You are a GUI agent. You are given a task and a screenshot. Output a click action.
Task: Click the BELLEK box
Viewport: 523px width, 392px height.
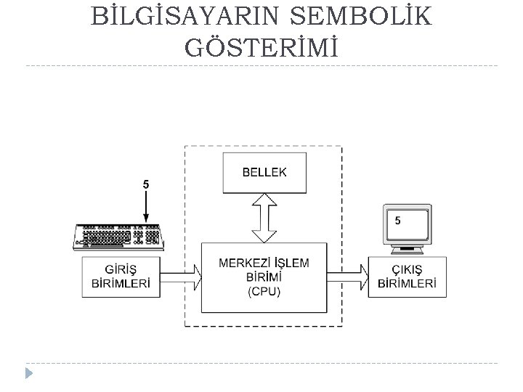pyautogui.click(x=264, y=173)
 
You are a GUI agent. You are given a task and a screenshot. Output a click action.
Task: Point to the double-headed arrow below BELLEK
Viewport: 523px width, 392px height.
pyautogui.click(x=264, y=217)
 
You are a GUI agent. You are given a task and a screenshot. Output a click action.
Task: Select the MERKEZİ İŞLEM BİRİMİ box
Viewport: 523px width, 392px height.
pyautogui.click(x=264, y=277)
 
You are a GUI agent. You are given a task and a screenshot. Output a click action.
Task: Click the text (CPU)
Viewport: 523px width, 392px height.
pyautogui.click(x=264, y=293)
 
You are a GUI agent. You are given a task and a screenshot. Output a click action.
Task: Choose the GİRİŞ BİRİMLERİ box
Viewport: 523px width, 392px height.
pyautogui.click(x=121, y=277)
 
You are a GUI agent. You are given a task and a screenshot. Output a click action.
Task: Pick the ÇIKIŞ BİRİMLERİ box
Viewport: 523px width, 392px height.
pyautogui.click(x=407, y=277)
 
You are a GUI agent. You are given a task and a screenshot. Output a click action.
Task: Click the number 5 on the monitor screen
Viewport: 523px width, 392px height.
pyautogui.click(x=397, y=221)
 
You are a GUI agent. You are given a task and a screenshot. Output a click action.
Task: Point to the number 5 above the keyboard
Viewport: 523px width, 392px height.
pyautogui.click(x=146, y=185)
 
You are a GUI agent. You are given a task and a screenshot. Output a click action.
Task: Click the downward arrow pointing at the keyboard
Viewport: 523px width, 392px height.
pyautogui.click(x=146, y=207)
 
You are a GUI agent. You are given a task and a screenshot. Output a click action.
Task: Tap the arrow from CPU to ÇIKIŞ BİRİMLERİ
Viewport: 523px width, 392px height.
pyautogui.click(x=349, y=277)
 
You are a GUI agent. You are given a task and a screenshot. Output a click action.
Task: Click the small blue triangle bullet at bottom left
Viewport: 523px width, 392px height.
pyautogui.click(x=28, y=374)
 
